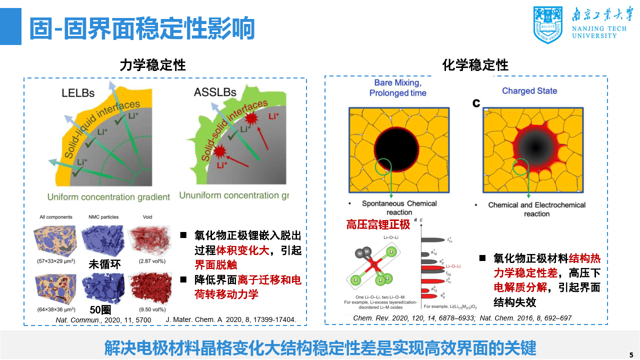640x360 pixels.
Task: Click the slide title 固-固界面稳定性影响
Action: point(141,28)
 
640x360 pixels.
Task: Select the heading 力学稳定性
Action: point(152,65)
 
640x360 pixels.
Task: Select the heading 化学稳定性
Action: point(475,65)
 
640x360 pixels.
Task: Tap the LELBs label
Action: point(78,92)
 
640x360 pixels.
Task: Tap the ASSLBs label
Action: point(214,92)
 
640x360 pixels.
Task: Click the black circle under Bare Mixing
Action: point(397,148)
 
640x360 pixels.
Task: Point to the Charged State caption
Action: point(529,91)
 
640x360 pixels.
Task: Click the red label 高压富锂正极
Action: point(378,224)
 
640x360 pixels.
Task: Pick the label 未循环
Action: point(104,264)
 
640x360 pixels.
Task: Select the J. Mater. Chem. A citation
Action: point(230,319)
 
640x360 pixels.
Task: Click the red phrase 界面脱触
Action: point(215,265)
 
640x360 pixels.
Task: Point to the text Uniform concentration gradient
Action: point(108,197)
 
